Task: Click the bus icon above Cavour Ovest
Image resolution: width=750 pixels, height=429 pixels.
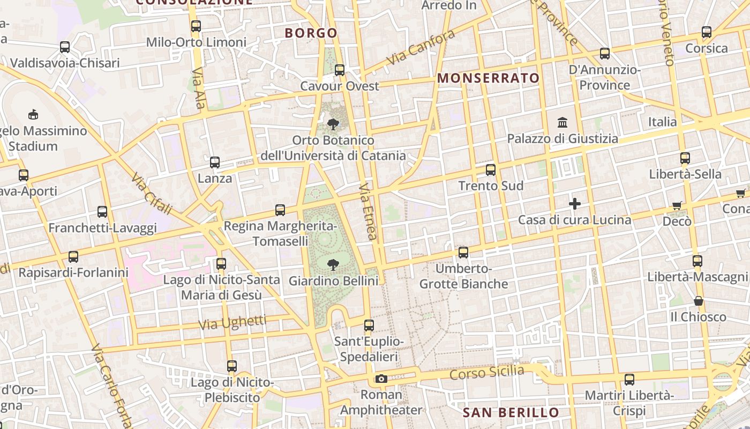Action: coord(339,70)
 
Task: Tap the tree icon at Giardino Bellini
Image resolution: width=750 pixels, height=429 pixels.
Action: coord(333,264)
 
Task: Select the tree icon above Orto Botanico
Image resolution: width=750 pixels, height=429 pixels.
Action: coord(333,124)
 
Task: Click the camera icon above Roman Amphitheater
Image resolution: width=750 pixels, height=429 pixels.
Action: coord(381,379)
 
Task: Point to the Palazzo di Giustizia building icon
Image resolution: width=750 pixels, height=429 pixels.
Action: coord(562,123)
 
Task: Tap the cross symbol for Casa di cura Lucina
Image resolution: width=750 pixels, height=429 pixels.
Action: coord(575,204)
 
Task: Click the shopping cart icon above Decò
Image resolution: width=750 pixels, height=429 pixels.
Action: coord(677,205)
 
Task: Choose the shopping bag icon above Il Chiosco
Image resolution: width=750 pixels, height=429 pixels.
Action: coord(698,301)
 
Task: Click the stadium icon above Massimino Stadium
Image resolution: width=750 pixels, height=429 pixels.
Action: coord(33,114)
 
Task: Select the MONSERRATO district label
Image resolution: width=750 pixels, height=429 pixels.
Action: coord(489,78)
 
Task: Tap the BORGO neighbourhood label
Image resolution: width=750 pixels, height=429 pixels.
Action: coord(311,33)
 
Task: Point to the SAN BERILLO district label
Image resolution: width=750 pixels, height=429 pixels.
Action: coord(511,412)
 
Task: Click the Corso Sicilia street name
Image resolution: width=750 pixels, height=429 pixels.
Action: coord(486,372)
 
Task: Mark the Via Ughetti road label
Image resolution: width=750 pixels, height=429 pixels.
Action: coord(232,323)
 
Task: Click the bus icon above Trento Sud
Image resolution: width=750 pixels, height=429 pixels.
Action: coord(491,170)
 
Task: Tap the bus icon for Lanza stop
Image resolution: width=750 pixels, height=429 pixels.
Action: coord(215,162)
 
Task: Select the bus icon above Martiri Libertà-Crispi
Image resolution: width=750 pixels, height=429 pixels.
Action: coord(629,380)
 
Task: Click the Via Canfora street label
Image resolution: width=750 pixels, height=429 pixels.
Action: coord(421,47)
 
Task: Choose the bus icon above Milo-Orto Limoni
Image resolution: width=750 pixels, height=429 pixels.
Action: coord(196,26)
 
